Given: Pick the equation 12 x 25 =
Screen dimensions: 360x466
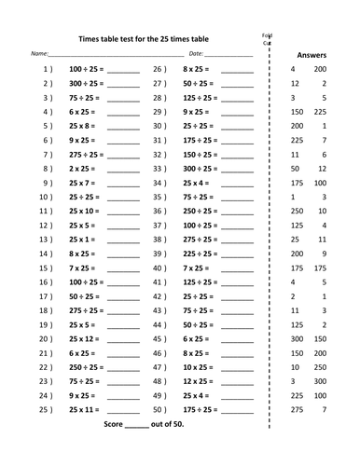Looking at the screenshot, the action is [199, 380].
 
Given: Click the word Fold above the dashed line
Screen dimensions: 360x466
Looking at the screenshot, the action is [267, 34].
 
